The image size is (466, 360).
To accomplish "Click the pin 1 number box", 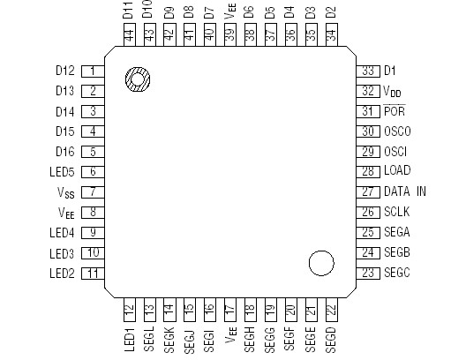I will tap(92, 70).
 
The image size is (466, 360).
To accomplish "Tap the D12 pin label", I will tap(64, 70).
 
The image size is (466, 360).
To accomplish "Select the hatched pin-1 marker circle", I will tap(137, 79).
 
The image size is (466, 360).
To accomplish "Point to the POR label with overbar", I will tap(394, 111).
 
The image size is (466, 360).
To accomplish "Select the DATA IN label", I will tap(404, 191).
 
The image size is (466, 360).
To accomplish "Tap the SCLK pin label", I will tap(396, 212).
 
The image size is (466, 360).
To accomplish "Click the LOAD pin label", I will tap(397, 171).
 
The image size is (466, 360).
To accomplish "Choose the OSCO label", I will tap(397, 131).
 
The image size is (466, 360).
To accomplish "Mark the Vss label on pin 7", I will tap(66, 191).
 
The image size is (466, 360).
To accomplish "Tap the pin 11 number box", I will tap(92, 273).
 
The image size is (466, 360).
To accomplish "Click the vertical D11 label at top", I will tap(129, 12).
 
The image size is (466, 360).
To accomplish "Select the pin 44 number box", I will tap(129, 36).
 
